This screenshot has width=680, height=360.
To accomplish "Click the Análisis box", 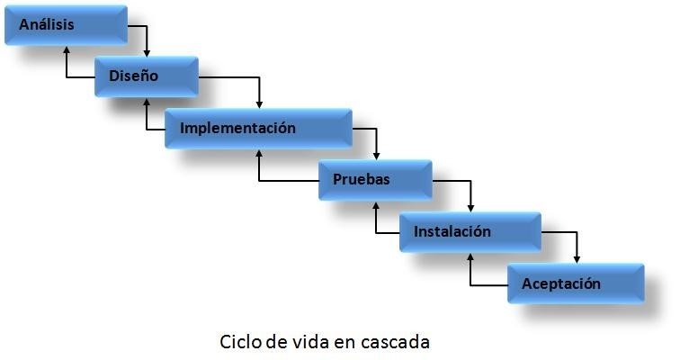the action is (67, 25).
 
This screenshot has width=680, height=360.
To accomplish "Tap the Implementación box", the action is (258, 128).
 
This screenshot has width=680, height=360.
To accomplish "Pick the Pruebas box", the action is (375, 180).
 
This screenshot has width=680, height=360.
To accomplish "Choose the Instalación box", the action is (470, 232).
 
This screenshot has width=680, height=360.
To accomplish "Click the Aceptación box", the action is (576, 284).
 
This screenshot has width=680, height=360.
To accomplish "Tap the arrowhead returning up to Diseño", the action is (148, 103).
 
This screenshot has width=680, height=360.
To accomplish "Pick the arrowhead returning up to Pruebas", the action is (376, 206).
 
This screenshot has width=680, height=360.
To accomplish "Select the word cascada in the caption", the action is (398, 343).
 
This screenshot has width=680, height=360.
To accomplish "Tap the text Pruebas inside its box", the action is (362, 179).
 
